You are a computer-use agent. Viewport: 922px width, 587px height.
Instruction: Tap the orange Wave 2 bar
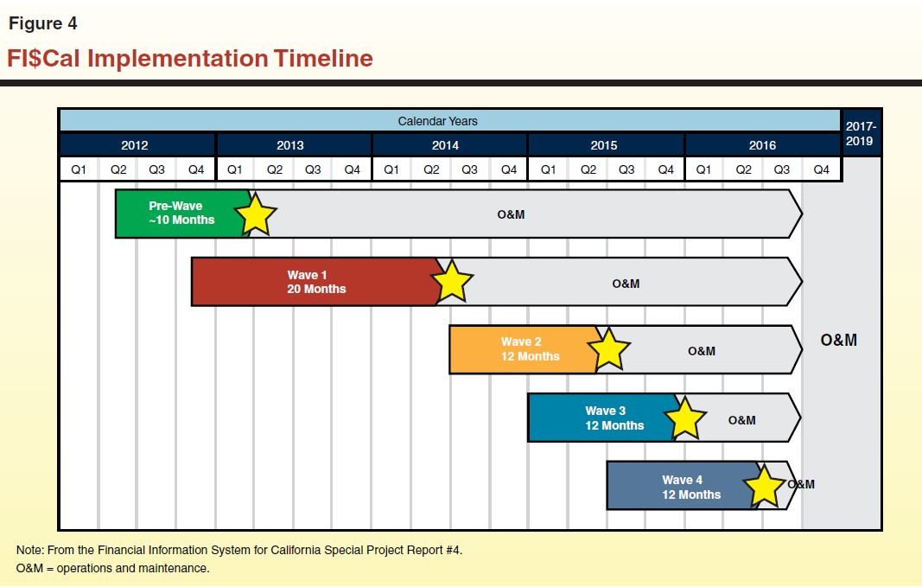pyautogui.click(x=523, y=349)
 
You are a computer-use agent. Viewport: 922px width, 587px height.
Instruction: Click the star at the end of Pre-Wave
pyautogui.click(x=256, y=214)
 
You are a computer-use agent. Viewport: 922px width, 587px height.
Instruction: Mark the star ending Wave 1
pyautogui.click(x=452, y=282)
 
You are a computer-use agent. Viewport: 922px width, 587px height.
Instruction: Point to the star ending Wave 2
pyautogui.click(x=609, y=349)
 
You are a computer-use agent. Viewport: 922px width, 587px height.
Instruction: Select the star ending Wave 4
pyautogui.click(x=764, y=486)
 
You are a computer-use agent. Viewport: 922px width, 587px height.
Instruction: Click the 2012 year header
pyautogui.click(x=135, y=145)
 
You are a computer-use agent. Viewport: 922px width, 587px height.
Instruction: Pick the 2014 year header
pyautogui.click(x=446, y=145)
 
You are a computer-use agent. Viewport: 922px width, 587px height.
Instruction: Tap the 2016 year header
pyautogui.click(x=762, y=145)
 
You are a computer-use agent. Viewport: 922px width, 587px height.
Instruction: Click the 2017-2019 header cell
pyautogui.click(x=860, y=134)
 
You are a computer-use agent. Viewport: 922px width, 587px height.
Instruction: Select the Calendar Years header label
pyautogui.click(x=437, y=121)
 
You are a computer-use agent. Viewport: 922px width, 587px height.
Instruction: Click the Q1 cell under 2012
pyautogui.click(x=79, y=169)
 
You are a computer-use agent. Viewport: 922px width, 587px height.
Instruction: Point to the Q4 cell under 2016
pyautogui.click(x=821, y=169)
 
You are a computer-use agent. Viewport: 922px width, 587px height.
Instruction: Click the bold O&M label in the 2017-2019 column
pyautogui.click(x=839, y=340)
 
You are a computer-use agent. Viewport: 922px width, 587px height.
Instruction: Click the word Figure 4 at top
pyautogui.click(x=43, y=24)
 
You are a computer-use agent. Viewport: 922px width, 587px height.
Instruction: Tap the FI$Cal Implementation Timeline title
pyautogui.click(x=190, y=59)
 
